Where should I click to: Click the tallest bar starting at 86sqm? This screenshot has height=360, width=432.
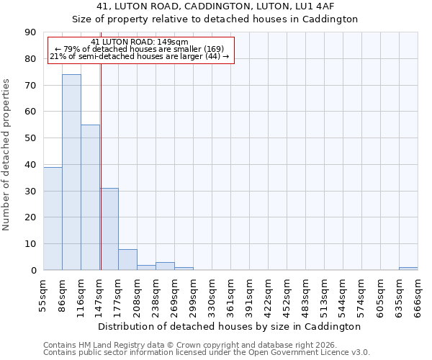pyautogui.click(x=71, y=172)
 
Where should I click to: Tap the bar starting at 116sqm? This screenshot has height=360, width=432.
pyautogui.click(x=90, y=197)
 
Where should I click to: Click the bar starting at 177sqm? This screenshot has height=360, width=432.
pyautogui.click(x=127, y=259)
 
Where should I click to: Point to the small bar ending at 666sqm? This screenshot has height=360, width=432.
pyautogui.click(x=408, y=269)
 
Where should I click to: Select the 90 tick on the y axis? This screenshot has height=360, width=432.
pyautogui.click(x=30, y=32)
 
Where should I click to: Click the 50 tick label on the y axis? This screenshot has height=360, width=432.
pyautogui.click(x=30, y=138)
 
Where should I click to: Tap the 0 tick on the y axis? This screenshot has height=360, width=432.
pyautogui.click(x=33, y=271)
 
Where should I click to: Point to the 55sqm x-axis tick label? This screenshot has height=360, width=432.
pyautogui.click(x=43, y=294)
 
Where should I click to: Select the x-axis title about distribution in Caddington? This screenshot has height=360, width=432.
pyautogui.click(x=230, y=326)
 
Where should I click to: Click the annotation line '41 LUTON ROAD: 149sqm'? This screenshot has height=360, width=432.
pyautogui.click(x=140, y=42)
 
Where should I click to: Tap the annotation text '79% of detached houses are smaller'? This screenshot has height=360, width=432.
pyautogui.click(x=140, y=49)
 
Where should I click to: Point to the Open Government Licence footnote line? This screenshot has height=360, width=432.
pyautogui.click(x=207, y=352)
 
